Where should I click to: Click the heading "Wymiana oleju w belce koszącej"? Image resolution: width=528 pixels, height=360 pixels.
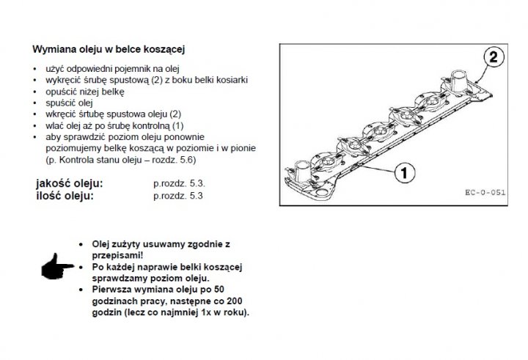tap(109, 50)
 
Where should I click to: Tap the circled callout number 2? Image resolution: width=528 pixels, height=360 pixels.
tap(494, 56)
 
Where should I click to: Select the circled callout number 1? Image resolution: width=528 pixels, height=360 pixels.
tap(404, 173)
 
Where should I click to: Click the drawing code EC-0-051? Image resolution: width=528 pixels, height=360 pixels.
tap(485, 192)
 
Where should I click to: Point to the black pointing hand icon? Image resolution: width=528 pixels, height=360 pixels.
tap(56, 267)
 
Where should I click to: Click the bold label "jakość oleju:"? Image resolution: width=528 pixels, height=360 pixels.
tap(70, 183)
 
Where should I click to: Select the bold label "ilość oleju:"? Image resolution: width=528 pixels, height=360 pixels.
tap(65, 196)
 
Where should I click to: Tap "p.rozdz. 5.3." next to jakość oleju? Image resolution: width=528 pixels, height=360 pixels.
tap(179, 184)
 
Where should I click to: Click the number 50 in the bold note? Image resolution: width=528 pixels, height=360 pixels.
tap(219, 290)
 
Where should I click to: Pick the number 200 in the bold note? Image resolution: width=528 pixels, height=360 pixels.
tap(235, 301)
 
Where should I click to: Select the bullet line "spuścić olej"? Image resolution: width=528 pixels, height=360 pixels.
tap(69, 103)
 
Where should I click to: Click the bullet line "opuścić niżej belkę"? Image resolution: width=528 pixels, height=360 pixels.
tap(85, 92)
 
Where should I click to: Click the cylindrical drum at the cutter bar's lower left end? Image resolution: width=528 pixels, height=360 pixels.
tap(302, 171)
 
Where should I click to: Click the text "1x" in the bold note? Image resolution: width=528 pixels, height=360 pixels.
tap(205, 312)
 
